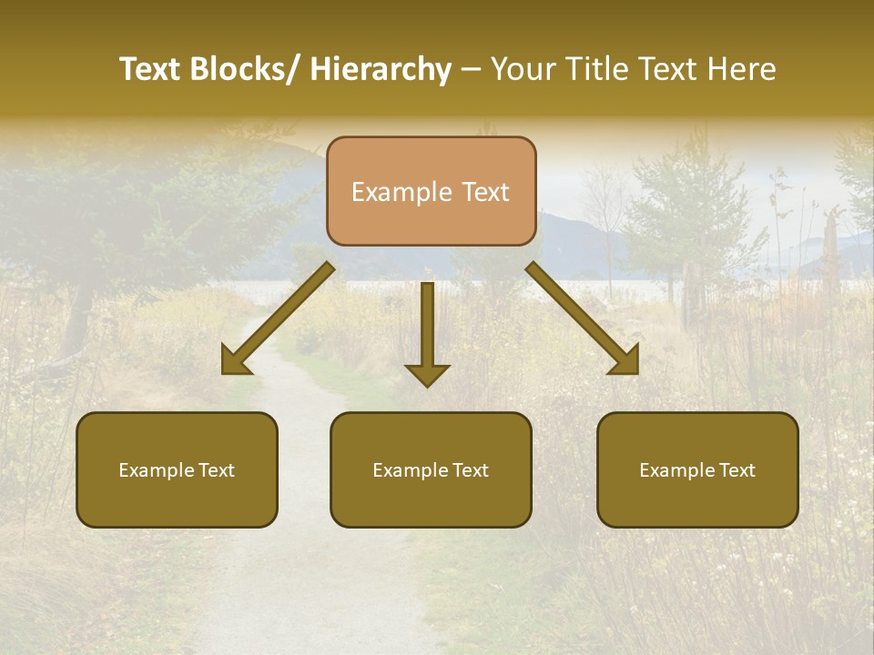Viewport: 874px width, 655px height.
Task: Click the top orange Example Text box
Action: click(431, 191)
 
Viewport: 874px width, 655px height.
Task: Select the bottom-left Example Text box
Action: click(177, 469)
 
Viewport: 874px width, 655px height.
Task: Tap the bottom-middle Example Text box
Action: click(431, 469)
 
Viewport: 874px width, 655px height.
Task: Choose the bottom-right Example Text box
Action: click(697, 469)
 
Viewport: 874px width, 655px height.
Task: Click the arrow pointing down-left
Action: click(278, 318)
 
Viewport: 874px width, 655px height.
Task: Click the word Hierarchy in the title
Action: click(381, 69)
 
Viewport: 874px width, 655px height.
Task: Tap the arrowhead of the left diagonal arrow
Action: click(235, 362)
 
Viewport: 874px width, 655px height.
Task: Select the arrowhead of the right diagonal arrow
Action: click(625, 362)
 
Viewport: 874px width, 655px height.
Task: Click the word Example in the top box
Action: click(401, 192)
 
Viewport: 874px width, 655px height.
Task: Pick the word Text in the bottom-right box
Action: click(737, 469)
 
